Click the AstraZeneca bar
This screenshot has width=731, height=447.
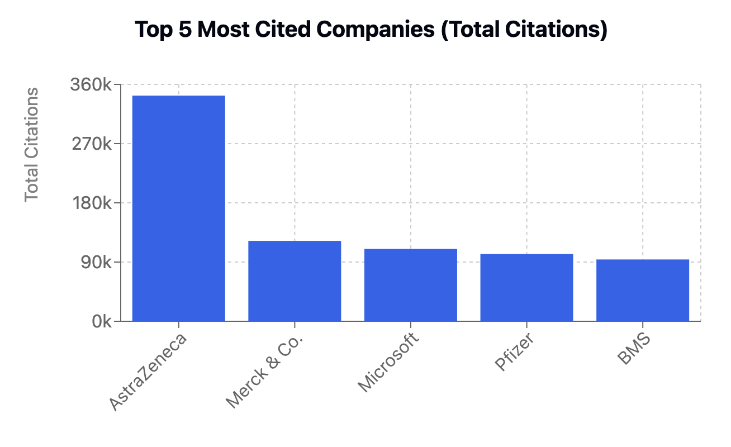point(178,208)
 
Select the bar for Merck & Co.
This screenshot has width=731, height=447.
point(295,280)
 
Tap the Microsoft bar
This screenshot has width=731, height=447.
point(411,284)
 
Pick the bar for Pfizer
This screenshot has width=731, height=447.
point(526,287)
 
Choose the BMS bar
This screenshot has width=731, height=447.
point(643,290)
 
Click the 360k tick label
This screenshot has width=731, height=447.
point(91,85)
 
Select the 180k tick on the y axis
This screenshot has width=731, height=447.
point(91,203)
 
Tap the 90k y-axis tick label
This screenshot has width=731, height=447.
point(95,262)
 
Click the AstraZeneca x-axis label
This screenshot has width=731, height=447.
point(148,372)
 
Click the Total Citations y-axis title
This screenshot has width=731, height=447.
point(32,144)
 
